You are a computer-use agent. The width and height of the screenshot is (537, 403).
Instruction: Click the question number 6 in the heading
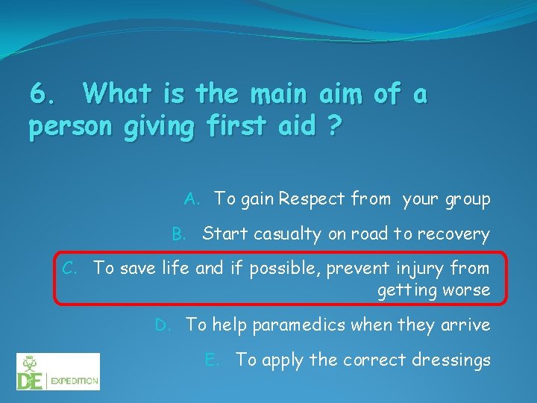pos(40,95)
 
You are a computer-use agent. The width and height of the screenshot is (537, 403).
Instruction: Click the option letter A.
pos(192,199)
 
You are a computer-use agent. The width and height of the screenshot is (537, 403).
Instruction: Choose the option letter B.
pos(179,234)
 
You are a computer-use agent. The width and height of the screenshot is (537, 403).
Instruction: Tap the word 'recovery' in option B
pos(456,234)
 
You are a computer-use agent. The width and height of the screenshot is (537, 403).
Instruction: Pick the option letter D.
pos(162,325)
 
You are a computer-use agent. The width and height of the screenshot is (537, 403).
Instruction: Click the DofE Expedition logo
pos(58,371)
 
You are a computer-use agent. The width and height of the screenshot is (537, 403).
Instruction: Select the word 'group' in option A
pos(468,199)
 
